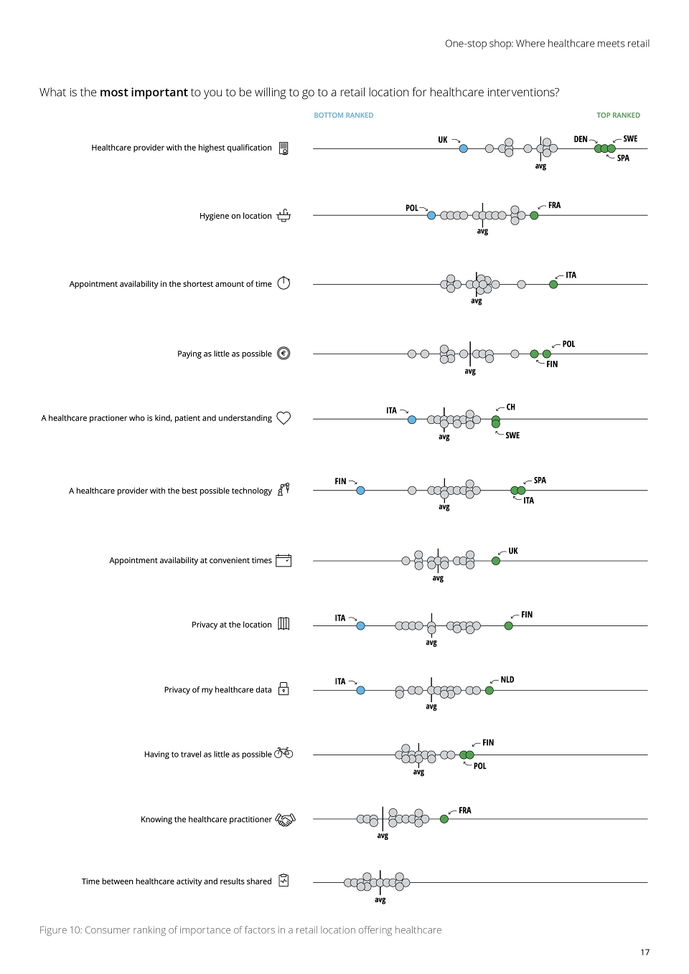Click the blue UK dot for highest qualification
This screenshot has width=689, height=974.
coord(463,148)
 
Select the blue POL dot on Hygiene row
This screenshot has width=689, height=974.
coord(431,215)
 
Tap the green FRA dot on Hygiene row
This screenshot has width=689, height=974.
coord(534,215)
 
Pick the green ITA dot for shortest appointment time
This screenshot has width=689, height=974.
coord(553,284)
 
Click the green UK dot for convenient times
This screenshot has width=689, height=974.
coord(495,561)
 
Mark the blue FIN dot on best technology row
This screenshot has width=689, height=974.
coord(360,491)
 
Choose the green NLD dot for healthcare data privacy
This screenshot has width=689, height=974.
coord(489,690)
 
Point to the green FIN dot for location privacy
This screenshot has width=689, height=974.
coord(508,625)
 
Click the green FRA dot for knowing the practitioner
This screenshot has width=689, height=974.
coord(444,819)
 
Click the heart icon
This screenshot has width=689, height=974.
coord(283,418)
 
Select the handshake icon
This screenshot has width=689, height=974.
coord(286,820)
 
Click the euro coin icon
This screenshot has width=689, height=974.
coord(283,354)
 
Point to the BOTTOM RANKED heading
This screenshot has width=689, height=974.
coord(344,115)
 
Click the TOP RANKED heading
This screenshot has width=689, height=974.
coord(618,115)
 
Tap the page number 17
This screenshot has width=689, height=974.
coord(645,952)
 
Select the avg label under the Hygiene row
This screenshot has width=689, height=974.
coord(482,232)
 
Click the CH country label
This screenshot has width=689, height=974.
coord(511,407)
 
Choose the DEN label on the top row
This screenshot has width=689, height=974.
coord(580,139)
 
